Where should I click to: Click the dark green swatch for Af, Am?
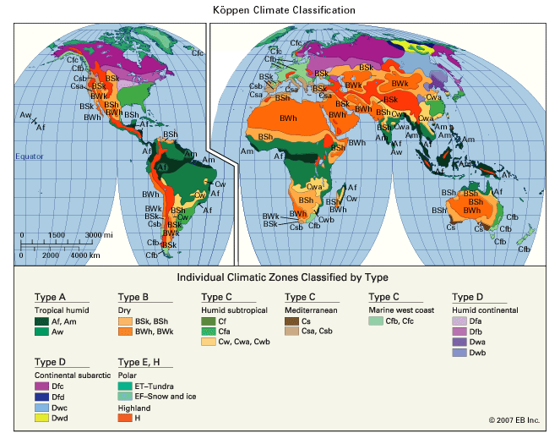(x=41, y=321)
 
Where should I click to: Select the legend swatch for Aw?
(x=41, y=332)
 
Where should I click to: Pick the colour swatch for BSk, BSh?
(x=124, y=321)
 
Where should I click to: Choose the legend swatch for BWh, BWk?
(x=124, y=332)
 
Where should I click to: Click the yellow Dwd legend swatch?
(x=41, y=417)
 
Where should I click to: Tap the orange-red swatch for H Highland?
(x=125, y=417)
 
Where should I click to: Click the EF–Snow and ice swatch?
(x=125, y=395)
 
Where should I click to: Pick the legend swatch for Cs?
(x=291, y=321)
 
